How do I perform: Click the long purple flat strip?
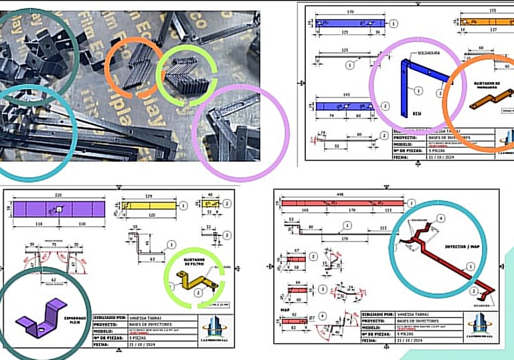(60, 209)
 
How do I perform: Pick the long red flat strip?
(343, 201)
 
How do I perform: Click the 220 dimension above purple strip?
(58, 195)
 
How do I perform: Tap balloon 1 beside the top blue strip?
(394, 23)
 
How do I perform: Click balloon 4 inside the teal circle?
(440, 217)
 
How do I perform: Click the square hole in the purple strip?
(59, 209)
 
